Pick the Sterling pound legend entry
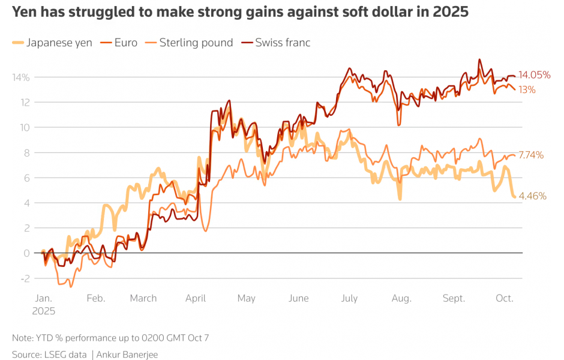coord(196,43)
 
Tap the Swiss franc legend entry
coord(283,43)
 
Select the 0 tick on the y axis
coord(26,253)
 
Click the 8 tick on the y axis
coord(26,152)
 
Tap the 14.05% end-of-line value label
coord(535,75)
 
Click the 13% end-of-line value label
coord(527,90)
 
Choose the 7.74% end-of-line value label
coord(531,155)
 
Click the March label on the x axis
coord(143,298)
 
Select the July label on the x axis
coord(349,298)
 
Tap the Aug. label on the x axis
coord(401,298)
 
